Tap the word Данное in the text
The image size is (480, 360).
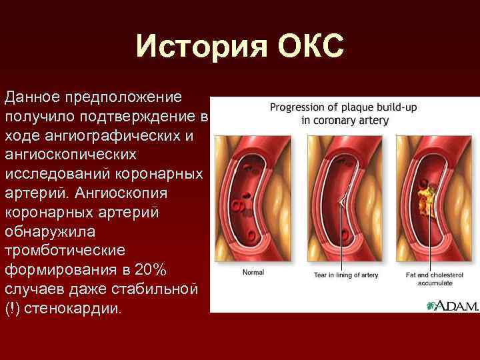tap(31, 97)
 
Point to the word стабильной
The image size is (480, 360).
tap(145, 289)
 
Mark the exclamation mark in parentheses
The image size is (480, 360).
tap(11, 309)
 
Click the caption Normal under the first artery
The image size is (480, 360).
tap(253, 272)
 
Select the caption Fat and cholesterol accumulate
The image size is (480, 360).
tap(433, 279)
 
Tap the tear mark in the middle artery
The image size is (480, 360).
tap(341, 199)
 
